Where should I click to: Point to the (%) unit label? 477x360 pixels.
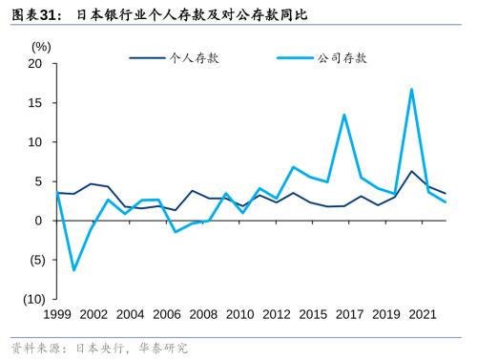pos(41,46)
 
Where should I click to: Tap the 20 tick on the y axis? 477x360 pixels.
pos(36,64)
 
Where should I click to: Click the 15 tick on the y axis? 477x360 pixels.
pos(36,103)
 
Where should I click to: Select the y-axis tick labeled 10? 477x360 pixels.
pos(36,142)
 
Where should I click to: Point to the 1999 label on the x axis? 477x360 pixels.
pos(57,314)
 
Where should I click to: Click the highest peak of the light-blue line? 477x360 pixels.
pos(411,90)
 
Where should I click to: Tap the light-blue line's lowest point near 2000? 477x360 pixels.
pos(74,270)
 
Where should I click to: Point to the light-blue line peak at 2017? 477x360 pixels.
pos(343,115)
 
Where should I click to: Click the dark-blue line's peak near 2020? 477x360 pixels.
pos(411,171)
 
